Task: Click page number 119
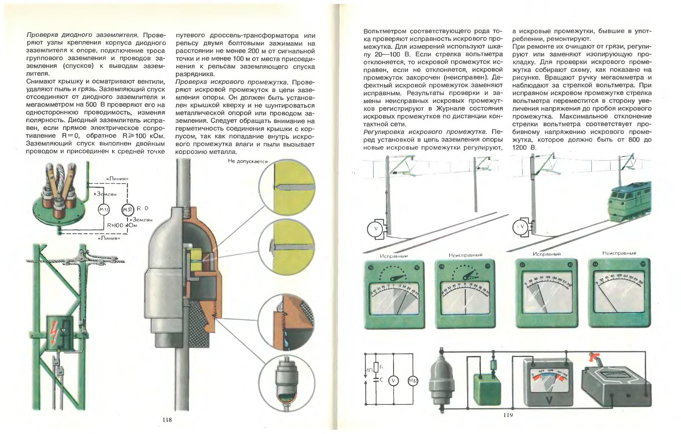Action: point(508,415)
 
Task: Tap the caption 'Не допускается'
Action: point(248,161)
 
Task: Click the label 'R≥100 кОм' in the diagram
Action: point(122,225)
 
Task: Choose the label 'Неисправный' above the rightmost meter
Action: point(619,253)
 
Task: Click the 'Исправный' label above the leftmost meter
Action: point(394,256)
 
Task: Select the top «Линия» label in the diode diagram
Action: point(117,179)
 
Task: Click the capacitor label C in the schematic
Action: point(382,380)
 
